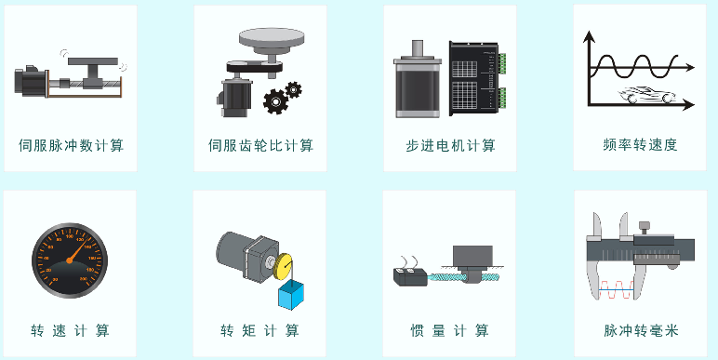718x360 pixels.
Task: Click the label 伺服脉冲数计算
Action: click(71, 146)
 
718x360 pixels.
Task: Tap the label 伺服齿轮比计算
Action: click(260, 146)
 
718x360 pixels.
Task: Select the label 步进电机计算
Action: click(450, 146)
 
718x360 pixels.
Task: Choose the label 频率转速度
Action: click(640, 145)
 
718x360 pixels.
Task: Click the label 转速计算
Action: click(70, 330)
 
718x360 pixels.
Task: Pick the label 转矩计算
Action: click(259, 330)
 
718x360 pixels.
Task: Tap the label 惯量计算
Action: click(449, 330)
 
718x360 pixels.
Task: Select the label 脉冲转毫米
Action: click(641, 330)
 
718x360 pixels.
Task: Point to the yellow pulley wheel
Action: click(283, 267)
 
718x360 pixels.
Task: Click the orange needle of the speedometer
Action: click(78, 250)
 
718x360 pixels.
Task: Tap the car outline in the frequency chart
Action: click(646, 95)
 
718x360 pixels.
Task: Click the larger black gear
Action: click(274, 101)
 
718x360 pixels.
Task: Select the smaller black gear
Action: click(293, 90)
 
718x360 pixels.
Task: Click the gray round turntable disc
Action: click(272, 37)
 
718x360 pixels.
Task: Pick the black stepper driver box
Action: click(477, 78)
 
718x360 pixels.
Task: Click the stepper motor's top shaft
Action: click(418, 48)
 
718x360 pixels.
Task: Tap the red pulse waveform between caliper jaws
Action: click(617, 290)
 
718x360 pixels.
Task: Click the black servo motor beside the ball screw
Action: click(31, 82)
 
